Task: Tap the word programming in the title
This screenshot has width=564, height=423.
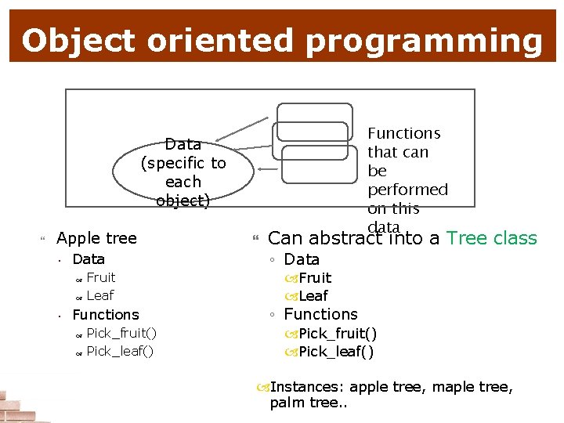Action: [x=423, y=42]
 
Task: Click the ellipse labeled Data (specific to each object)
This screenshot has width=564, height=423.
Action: [x=183, y=172]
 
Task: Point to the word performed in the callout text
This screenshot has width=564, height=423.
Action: [x=407, y=190]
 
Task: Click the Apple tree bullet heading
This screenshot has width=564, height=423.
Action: [x=96, y=238]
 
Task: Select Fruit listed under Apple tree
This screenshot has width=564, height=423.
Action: [x=100, y=277]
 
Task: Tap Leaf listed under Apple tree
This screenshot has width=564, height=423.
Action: [x=99, y=295]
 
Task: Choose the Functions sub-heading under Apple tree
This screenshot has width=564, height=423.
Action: [x=105, y=315]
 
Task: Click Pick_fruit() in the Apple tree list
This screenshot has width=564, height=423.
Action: [x=121, y=334]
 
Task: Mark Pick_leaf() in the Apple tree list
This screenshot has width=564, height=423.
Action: [x=120, y=351]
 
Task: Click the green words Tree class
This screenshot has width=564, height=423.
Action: [x=491, y=238]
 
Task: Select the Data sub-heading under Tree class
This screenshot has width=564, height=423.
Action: [x=302, y=259]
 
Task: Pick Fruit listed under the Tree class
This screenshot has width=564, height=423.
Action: [x=315, y=278]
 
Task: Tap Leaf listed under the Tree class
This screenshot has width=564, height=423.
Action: [x=313, y=296]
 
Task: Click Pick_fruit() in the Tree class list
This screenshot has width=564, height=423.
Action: [x=338, y=334]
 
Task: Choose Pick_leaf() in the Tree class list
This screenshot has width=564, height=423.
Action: [x=336, y=352]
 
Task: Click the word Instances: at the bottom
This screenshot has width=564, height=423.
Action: [x=307, y=387]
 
